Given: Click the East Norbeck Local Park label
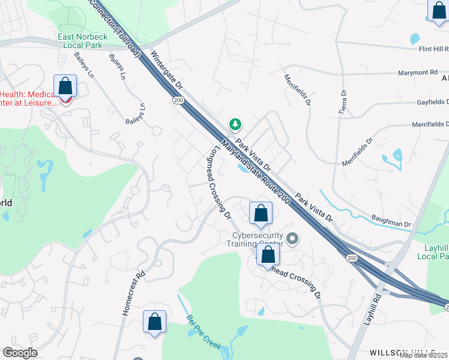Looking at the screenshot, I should point(82,41).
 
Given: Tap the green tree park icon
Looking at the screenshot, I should point(235,124).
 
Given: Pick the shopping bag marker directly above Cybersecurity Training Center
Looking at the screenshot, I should point(261,214).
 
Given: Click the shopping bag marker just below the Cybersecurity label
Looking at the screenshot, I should point(268,255).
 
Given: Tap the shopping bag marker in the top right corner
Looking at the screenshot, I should point(439,11).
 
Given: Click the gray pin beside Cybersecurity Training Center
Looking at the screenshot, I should point(292,239).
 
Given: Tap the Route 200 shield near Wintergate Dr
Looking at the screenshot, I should point(178,100).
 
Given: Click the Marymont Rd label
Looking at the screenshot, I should point(417,73).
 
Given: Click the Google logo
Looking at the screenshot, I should point(20,352).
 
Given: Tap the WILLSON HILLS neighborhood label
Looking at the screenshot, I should point(401,352).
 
